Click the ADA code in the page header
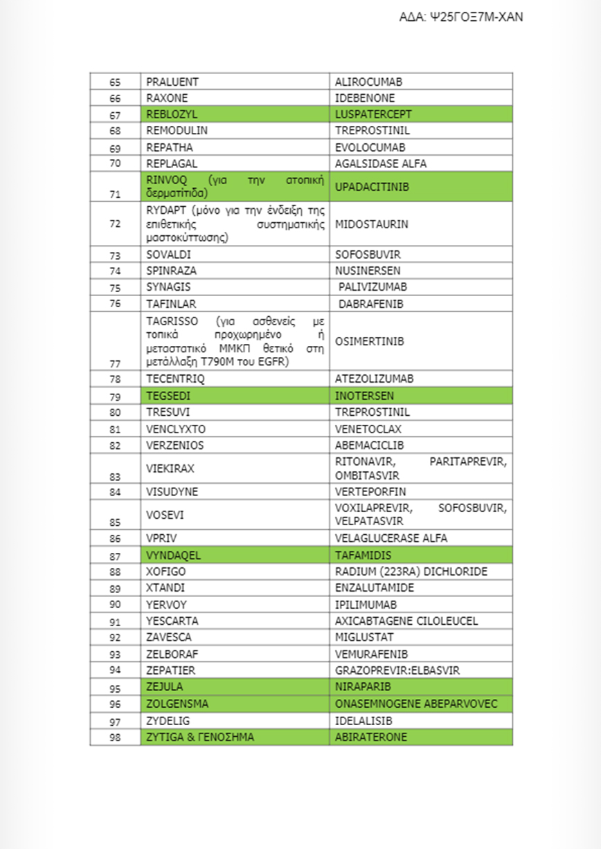pyautogui.click(x=460, y=17)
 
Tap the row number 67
pyautogui.click(x=115, y=115)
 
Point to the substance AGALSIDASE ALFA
pyautogui.click(x=381, y=164)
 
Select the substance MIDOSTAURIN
pyautogui.click(x=371, y=224)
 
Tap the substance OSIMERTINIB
pyautogui.click(x=369, y=342)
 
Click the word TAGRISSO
pyautogui.click(x=172, y=321)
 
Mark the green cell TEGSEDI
pyautogui.click(x=168, y=396)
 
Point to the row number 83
pyautogui.click(x=115, y=476)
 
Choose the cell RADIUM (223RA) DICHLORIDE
pyautogui.click(x=411, y=572)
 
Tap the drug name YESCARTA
pyautogui.click(x=169, y=621)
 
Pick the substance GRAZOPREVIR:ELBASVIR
pyautogui.click(x=397, y=670)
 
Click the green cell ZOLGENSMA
pyautogui.click(x=177, y=704)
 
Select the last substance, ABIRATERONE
pyautogui.click(x=370, y=737)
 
